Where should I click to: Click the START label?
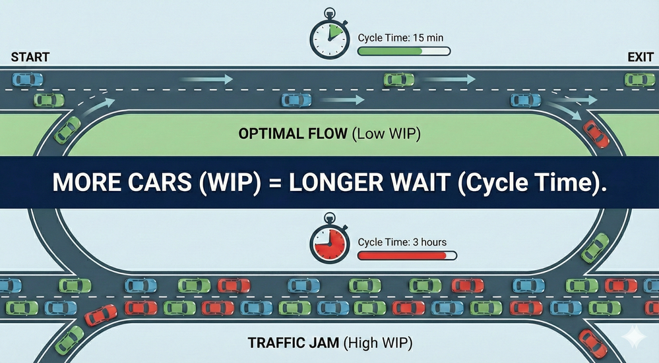click(30, 57)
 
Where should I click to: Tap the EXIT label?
click(640, 57)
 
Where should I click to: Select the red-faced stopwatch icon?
click(329, 245)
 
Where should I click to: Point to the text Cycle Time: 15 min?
click(399, 38)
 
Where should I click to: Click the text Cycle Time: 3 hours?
click(402, 242)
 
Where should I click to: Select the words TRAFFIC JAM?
click(289, 343)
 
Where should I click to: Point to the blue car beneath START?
click(27, 80)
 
